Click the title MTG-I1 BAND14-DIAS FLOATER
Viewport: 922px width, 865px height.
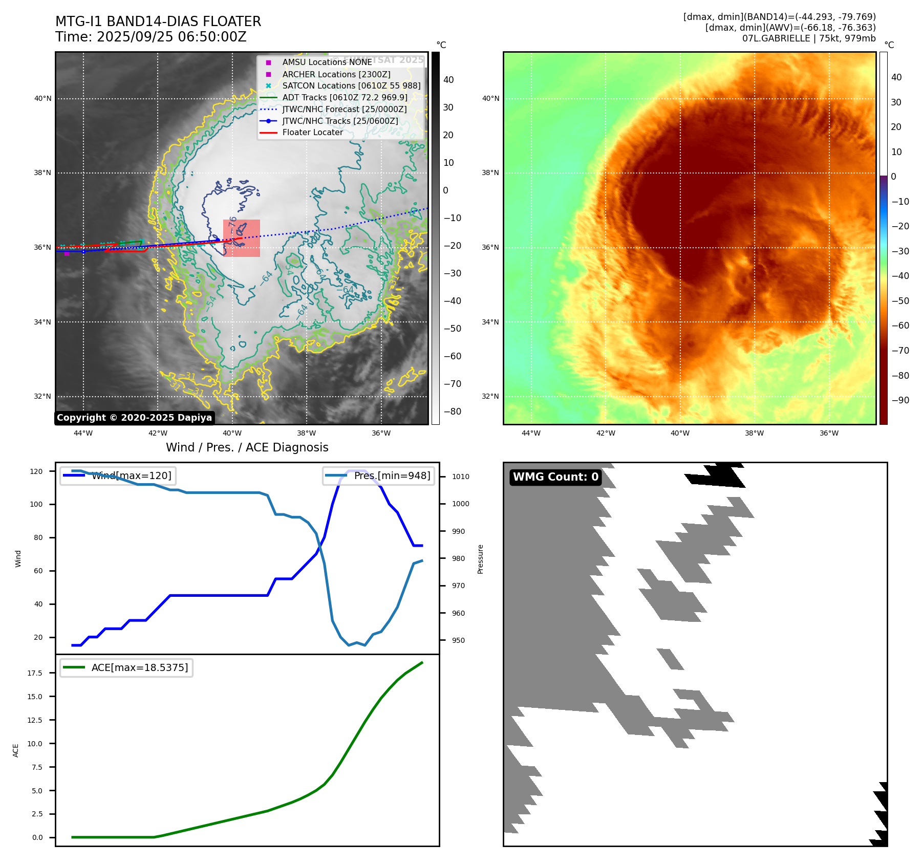pyautogui.click(x=158, y=21)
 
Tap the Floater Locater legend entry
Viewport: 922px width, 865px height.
pyautogui.click(x=312, y=132)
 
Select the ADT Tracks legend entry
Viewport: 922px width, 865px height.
pyautogui.click(x=345, y=97)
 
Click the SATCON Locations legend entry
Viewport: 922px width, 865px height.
pyautogui.click(x=351, y=85)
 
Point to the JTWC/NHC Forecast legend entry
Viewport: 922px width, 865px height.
pyautogui.click(x=344, y=109)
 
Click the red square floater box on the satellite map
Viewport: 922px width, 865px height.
pyautogui.click(x=242, y=238)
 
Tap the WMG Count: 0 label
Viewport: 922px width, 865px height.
pyautogui.click(x=555, y=477)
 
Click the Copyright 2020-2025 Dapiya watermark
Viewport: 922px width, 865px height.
pyautogui.click(x=134, y=418)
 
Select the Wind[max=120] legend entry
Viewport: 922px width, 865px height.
pyautogui.click(x=131, y=475)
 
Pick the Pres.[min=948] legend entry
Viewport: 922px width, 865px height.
pyautogui.click(x=392, y=475)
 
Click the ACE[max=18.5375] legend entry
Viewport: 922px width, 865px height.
pyautogui.click(x=139, y=667)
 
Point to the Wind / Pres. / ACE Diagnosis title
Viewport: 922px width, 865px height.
pyautogui.click(x=247, y=447)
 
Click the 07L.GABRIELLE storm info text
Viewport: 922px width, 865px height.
pyautogui.click(x=809, y=38)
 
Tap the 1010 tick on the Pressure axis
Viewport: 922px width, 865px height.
pyautogui.click(x=460, y=477)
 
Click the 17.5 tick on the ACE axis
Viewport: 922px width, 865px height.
pyautogui.click(x=35, y=673)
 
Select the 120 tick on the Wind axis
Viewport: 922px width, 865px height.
pyautogui.click(x=36, y=471)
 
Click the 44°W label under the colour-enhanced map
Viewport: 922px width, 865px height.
pyautogui.click(x=531, y=433)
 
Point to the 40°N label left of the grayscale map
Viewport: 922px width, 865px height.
pyautogui.click(x=43, y=98)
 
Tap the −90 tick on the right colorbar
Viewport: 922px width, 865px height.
pyautogui.click(x=900, y=400)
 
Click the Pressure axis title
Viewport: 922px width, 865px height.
pyautogui.click(x=480, y=559)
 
